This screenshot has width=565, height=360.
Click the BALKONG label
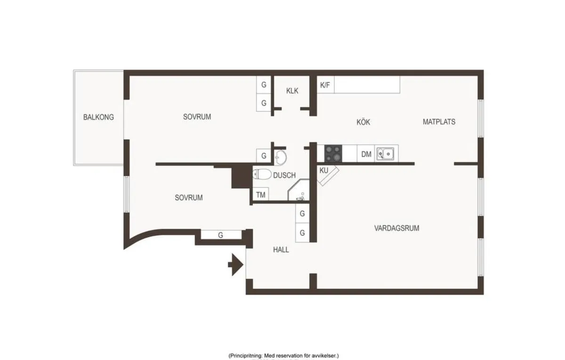click(x=98, y=117)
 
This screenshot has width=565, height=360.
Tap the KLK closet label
click(x=292, y=91)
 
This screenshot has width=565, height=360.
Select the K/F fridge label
click(x=325, y=85)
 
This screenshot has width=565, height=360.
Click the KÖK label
click(x=363, y=122)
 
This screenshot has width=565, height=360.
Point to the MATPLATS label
click(x=439, y=122)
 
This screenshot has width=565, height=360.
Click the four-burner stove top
click(x=333, y=153)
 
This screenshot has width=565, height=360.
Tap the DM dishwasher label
click(x=366, y=154)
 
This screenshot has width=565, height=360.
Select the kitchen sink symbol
click(x=385, y=153)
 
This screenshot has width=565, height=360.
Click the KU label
click(x=324, y=170)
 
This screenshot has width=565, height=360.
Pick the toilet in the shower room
click(x=262, y=174)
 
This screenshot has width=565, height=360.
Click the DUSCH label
click(x=284, y=175)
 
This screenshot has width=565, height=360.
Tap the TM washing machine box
click(x=260, y=194)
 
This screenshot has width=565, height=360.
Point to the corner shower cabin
click(x=299, y=190)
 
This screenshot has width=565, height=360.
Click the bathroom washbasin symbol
click(x=280, y=157)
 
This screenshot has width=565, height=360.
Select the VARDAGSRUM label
click(x=396, y=228)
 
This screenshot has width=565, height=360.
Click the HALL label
click(x=281, y=249)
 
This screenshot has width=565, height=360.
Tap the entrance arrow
click(x=235, y=264)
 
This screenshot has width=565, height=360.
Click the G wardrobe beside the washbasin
click(x=264, y=156)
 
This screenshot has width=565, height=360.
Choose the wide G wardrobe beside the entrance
click(x=221, y=235)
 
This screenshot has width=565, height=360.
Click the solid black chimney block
click(x=242, y=176)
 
